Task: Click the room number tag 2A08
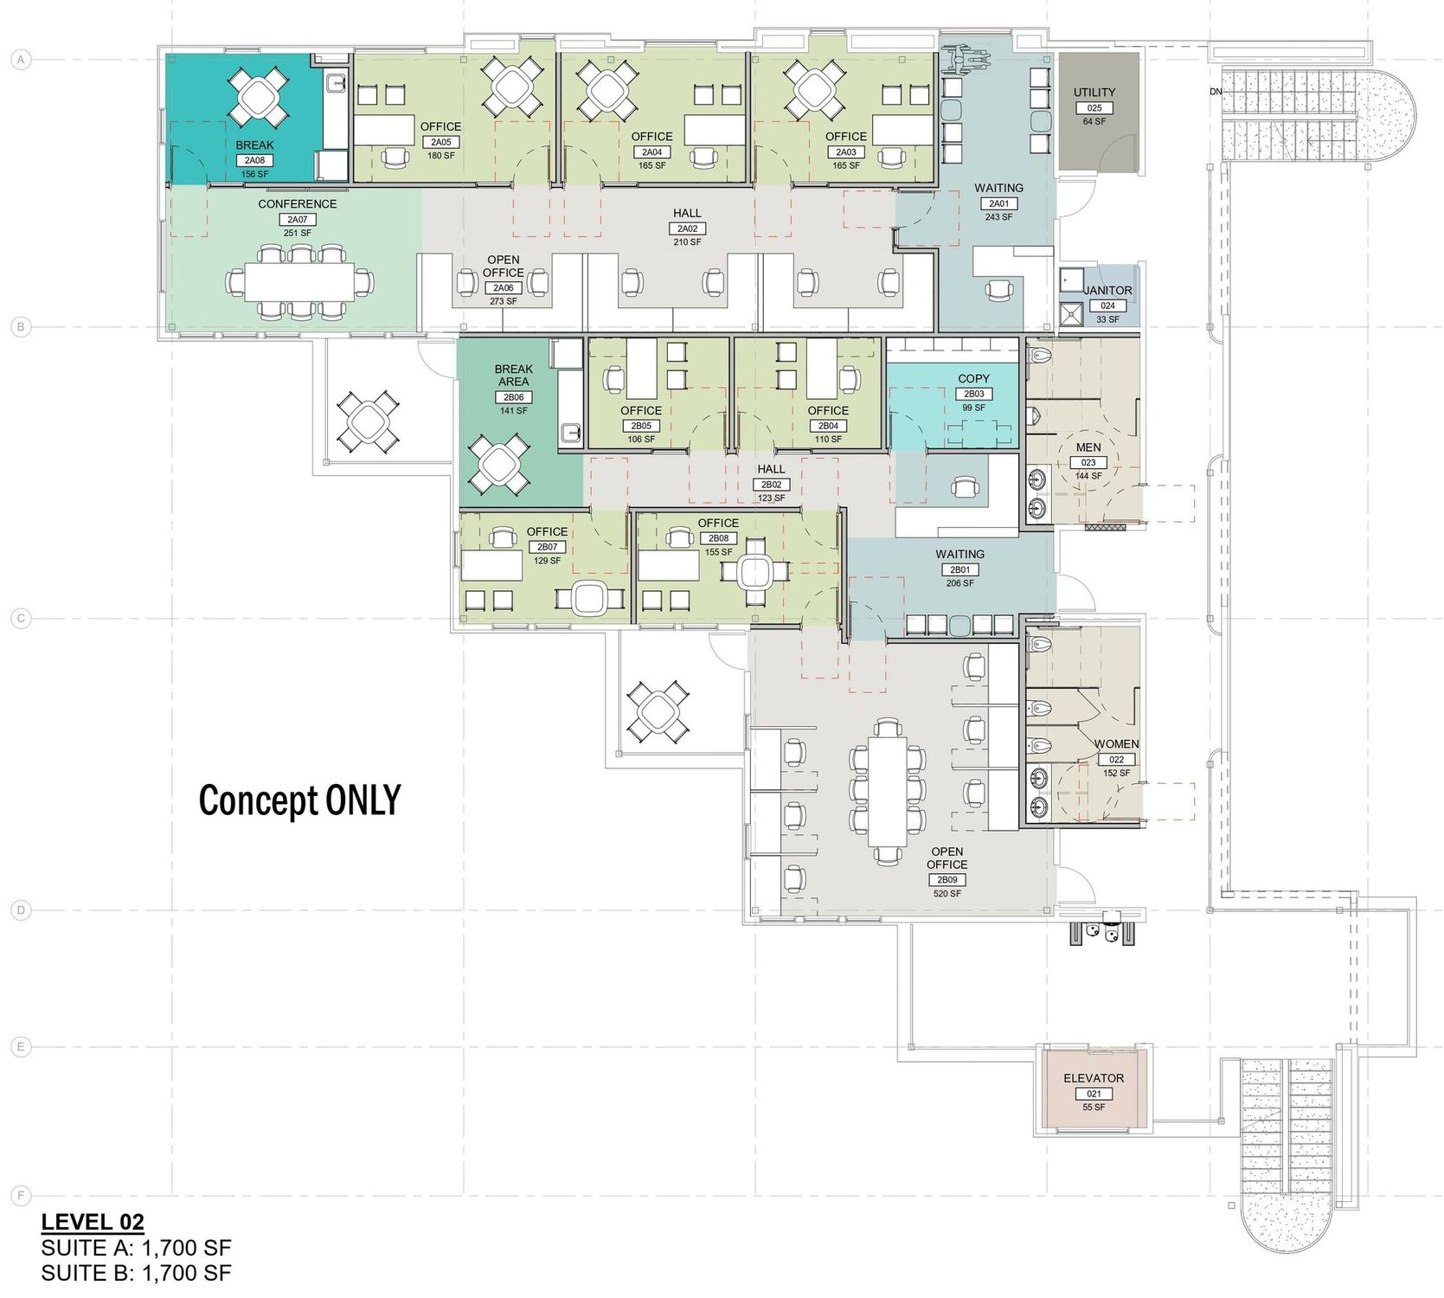pyautogui.click(x=254, y=160)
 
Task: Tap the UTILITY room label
pyautogui.click(x=1094, y=93)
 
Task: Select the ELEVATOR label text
pyautogui.click(x=1094, y=1078)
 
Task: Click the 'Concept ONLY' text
pyautogui.click(x=300, y=800)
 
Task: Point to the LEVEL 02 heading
pyautogui.click(x=93, y=1222)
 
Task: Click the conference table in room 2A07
pyautogui.click(x=298, y=281)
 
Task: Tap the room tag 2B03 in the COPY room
pyautogui.click(x=973, y=394)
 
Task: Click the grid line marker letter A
pyautogui.click(x=19, y=60)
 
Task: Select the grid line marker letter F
pyautogui.click(x=19, y=1196)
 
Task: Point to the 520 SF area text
pyautogui.click(x=947, y=893)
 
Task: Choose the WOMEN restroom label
pyautogui.click(x=1117, y=744)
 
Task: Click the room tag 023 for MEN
pyautogui.click(x=1088, y=463)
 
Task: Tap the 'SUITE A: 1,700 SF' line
pyautogui.click(x=136, y=1248)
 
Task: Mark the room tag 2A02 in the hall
pyautogui.click(x=687, y=228)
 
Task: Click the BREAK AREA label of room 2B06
pyautogui.click(x=514, y=375)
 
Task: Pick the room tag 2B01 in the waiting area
pyautogui.click(x=960, y=570)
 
